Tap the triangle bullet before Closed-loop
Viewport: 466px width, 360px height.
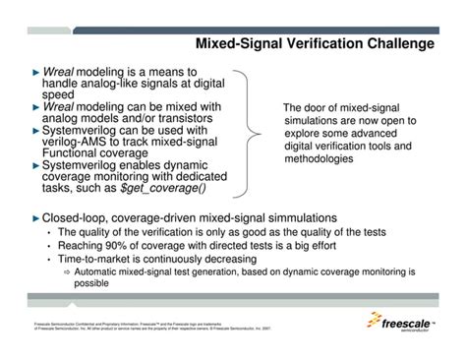[34, 216]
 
